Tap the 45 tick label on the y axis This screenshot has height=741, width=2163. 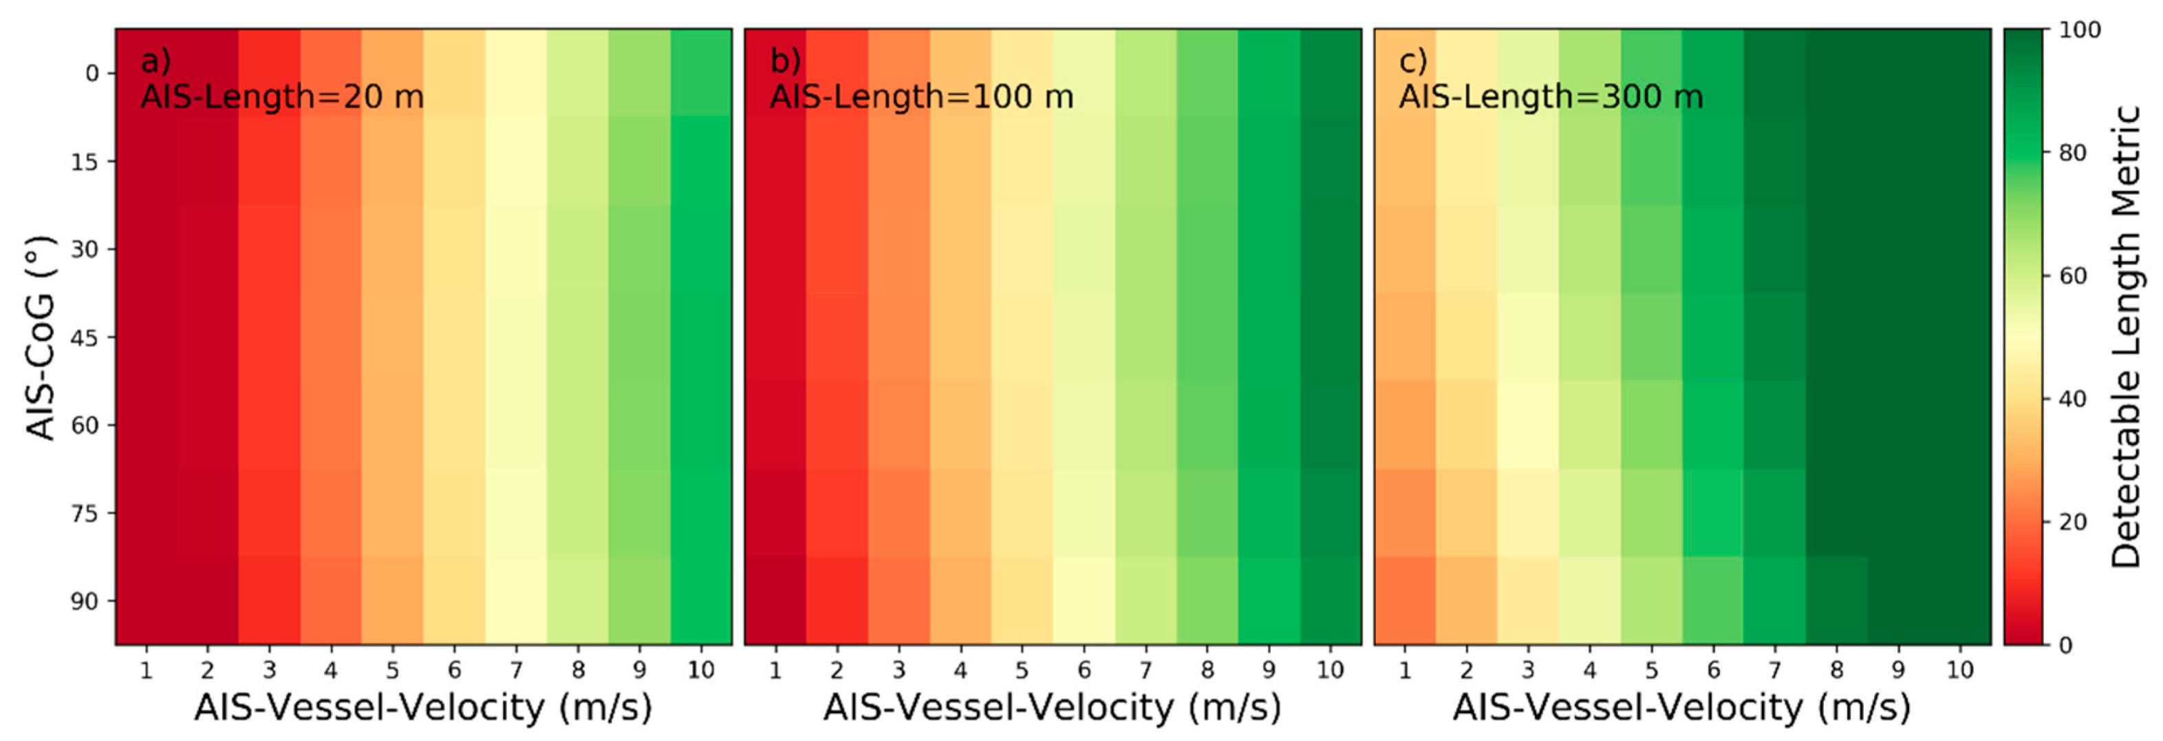84,337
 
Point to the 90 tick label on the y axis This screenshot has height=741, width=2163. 84,601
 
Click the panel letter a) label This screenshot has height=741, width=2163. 156,61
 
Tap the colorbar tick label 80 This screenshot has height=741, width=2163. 2072,153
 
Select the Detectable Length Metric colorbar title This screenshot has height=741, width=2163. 2126,337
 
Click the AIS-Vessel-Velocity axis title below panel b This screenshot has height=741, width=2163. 1052,707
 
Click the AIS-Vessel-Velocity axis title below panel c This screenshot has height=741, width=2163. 1682,707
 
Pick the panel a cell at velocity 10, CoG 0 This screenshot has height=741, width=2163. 701,73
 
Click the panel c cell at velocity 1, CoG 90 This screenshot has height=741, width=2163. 1405,601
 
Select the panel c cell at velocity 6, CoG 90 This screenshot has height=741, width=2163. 1713,601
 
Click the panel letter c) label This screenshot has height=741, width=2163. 1413,61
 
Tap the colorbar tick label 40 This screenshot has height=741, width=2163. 2072,399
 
